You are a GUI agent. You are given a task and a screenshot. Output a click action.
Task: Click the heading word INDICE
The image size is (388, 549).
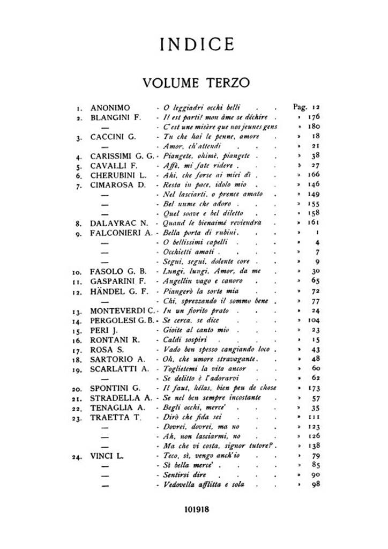coord(194,44)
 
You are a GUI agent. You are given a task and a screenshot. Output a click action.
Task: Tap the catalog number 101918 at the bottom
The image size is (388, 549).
coord(194,509)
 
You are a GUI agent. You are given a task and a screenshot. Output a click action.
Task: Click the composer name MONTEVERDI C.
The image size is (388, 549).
coord(122,311)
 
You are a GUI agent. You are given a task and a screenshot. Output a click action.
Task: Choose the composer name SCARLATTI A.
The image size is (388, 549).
coord(118,369)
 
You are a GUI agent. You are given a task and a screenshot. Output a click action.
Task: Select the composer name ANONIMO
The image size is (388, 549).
coord(110,107)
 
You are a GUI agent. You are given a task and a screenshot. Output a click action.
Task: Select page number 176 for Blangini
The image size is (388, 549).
coord(314,117)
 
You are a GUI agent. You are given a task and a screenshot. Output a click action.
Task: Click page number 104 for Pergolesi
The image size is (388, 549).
coord(314,321)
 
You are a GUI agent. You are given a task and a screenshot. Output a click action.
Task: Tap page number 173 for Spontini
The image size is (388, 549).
coord(314,388)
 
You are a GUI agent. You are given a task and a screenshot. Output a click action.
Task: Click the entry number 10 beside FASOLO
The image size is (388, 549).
coord(78,272)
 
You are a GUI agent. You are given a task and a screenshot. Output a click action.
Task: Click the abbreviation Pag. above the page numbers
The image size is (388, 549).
coord(300,107)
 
